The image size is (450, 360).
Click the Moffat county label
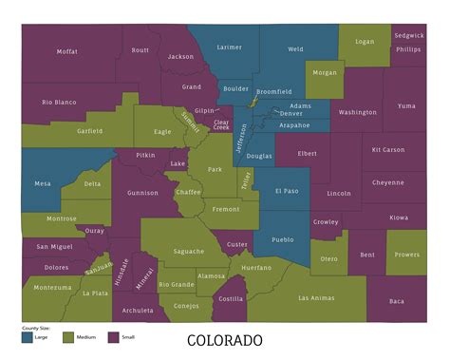tap(66, 51)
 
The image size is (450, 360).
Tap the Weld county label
tap(295, 48)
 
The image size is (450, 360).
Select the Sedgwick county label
tap(409, 34)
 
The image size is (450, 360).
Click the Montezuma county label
tap(52, 287)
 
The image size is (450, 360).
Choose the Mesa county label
tap(42, 183)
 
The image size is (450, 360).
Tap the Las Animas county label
tap(316, 297)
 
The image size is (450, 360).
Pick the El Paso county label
tap(287, 190)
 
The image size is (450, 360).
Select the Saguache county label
tap(189, 251)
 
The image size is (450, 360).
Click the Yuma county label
tap(406, 105)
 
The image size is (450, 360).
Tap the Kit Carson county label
tap(388, 149)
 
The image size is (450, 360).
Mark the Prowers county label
tap(407, 254)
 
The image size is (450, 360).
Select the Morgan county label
tap(325, 73)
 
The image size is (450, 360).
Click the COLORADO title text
tap(224, 340)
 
